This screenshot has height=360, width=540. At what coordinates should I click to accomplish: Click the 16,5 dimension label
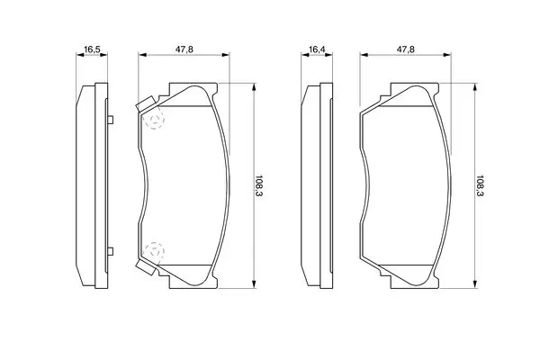pos(92,49)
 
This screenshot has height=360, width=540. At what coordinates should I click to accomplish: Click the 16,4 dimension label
pos(317,49)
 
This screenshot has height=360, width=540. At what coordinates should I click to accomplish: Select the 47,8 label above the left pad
pos(184,49)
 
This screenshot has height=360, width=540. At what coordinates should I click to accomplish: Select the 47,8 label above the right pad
pos(405,49)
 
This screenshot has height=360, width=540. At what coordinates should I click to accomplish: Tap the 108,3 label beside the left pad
pos(258,185)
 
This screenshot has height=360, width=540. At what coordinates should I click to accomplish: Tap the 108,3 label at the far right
pos(480,185)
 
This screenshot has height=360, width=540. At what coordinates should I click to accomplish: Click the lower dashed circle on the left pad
pos(154,252)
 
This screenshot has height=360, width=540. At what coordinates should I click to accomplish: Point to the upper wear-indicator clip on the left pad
pos(146,104)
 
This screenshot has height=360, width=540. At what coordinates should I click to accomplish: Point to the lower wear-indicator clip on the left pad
pos(146,267)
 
